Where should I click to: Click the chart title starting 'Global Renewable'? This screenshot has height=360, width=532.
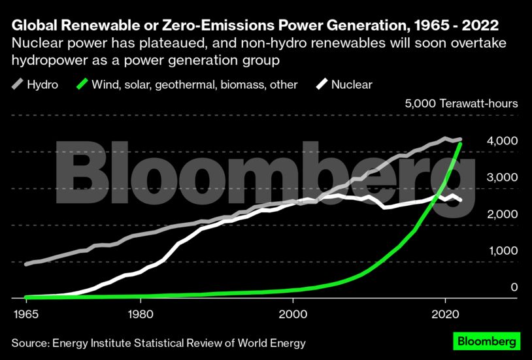(x=256, y=25)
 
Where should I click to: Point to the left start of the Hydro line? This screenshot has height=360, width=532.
(x=26, y=265)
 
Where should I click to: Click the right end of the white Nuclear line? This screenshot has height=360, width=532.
(x=461, y=200)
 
